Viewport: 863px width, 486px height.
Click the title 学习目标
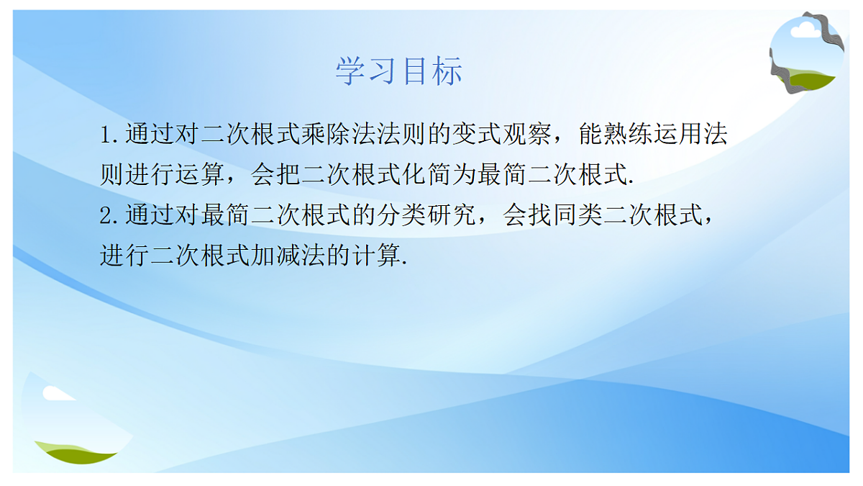coord(399,71)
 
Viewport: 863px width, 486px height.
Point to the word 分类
coord(401,215)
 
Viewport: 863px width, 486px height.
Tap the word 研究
coord(452,215)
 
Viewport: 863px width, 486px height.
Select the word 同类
coord(577,215)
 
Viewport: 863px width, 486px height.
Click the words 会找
coord(527,215)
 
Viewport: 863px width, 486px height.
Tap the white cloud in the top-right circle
coord(805,30)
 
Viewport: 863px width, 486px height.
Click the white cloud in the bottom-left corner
coord(56,393)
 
